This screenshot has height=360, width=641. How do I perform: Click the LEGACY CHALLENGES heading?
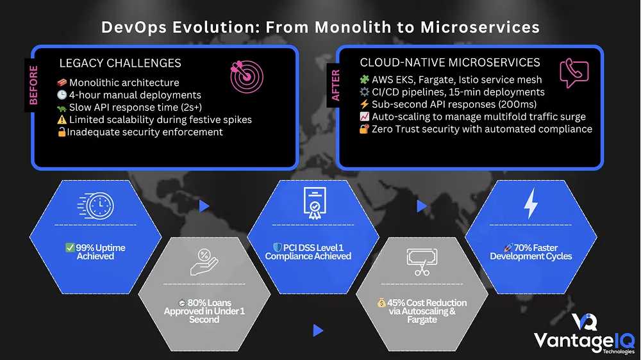[x=120, y=63]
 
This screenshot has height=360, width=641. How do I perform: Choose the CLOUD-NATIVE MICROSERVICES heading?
[x=450, y=63]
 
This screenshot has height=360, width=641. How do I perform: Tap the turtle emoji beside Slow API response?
[x=62, y=107]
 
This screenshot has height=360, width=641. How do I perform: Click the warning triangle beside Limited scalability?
[x=62, y=120]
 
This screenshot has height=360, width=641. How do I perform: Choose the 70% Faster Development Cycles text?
[x=530, y=252]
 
